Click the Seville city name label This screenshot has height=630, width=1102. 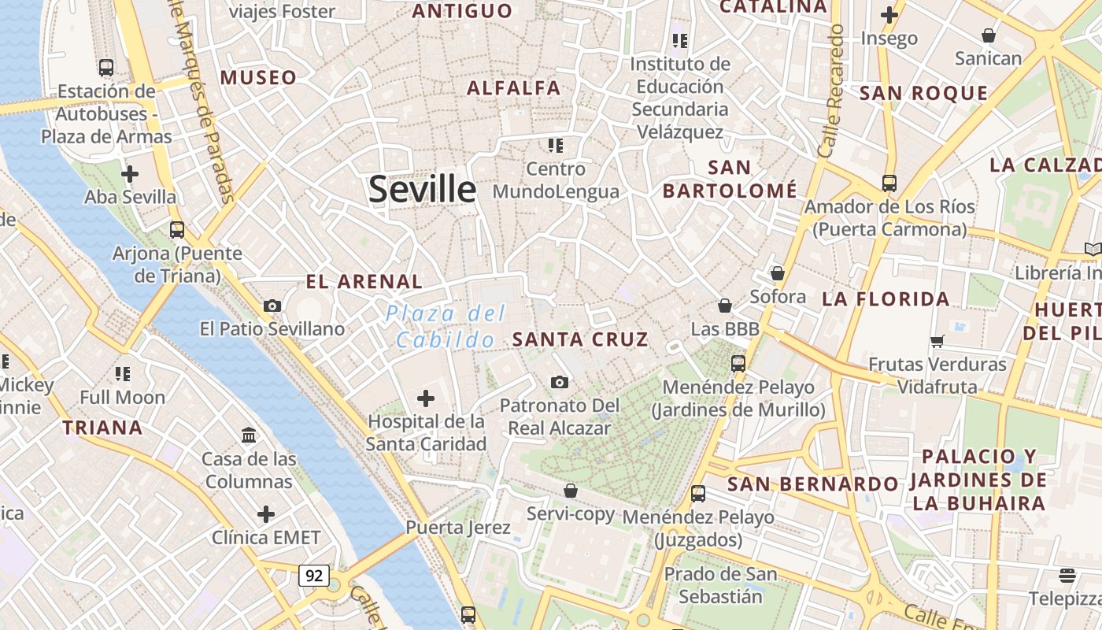422,190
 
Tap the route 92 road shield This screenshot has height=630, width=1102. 313,576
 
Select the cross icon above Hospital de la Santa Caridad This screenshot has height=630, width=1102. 426,398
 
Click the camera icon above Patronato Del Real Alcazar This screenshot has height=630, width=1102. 560,383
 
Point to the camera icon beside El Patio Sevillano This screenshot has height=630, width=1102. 272,306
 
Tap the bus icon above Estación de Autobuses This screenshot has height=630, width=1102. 106,68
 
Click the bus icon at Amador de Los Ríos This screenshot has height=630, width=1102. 889,183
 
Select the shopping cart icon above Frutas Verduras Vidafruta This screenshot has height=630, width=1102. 937,341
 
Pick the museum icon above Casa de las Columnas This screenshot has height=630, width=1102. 250,435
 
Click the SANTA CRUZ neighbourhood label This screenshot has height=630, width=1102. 580,339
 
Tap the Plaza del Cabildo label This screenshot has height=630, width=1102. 446,327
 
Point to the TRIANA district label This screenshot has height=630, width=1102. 102,428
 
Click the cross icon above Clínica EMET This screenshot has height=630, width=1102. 266,514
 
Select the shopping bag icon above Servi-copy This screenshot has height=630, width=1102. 571,491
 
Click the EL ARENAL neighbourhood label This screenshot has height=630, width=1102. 364,281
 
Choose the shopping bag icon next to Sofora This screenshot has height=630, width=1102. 778,273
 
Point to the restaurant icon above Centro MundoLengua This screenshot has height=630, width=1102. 556,145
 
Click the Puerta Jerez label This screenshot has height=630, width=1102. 458,527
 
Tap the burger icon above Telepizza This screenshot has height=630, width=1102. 1067,575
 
